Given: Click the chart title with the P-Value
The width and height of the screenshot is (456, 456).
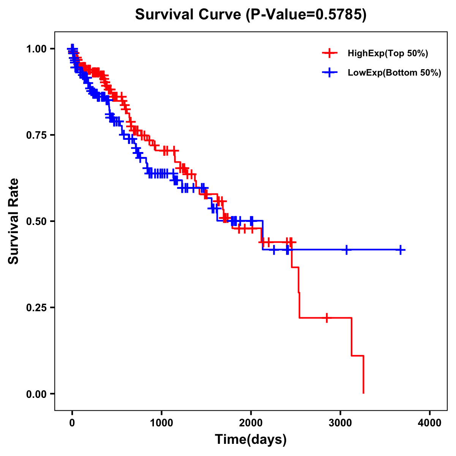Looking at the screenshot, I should coord(251,15).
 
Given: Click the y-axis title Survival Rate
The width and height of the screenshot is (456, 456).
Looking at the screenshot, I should coord(14,221).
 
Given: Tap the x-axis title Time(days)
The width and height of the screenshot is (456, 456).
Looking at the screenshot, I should coord(251,439).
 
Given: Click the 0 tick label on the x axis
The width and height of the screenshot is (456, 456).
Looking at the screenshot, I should coord(72,423).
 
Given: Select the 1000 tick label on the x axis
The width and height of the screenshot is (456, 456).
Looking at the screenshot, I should coord(161,423).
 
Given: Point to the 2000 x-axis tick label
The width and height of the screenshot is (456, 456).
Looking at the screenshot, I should coord(251,423).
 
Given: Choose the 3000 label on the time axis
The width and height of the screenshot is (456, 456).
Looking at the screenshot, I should coord(340,423).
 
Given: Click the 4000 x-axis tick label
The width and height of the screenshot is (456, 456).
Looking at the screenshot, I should coord(430,423).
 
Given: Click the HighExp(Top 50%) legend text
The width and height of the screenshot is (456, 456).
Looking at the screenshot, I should coord(388,54).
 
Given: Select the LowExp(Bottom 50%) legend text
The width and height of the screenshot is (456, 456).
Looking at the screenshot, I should coord(394,73).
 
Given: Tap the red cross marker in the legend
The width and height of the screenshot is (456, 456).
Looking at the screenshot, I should coord(329,54).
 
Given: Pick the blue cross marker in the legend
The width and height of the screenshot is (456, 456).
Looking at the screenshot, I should coord(329,73).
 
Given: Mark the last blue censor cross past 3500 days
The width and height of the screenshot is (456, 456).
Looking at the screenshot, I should coord(401,250).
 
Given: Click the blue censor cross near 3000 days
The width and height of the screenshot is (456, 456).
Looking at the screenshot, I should coord(346,250).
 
